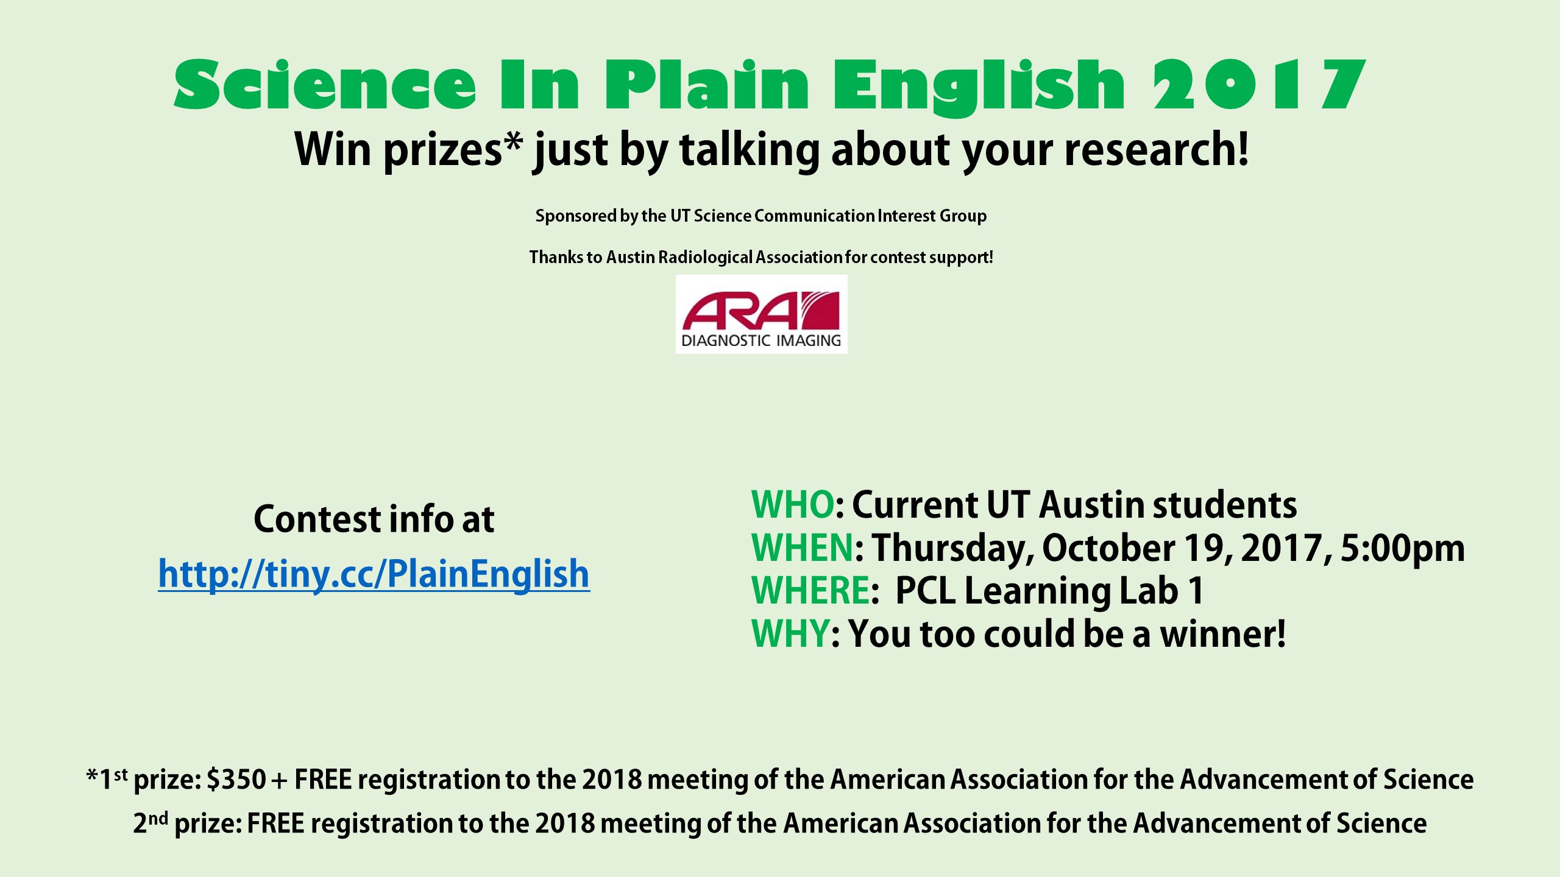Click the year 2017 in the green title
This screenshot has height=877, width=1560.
pyautogui.click(x=1259, y=85)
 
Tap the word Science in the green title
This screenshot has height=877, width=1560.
pyautogui.click(x=325, y=85)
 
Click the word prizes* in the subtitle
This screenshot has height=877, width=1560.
pyautogui.click(x=453, y=150)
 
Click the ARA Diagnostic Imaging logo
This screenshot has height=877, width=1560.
pyautogui.click(x=761, y=314)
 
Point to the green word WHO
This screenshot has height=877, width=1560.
pyautogui.click(x=792, y=505)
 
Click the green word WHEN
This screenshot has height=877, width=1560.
pyautogui.click(x=803, y=548)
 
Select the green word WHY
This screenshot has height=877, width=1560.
pyautogui.click(x=790, y=634)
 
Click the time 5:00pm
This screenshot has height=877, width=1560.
pyautogui.click(x=1403, y=549)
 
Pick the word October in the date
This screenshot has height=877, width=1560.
pyautogui.click(x=1108, y=548)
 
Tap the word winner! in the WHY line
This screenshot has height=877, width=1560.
pyautogui.click(x=1222, y=634)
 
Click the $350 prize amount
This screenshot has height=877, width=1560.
pyautogui.click(x=236, y=780)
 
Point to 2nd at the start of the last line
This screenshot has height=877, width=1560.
pyautogui.click(x=151, y=822)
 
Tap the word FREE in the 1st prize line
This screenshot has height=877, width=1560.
pyautogui.click(x=323, y=780)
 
